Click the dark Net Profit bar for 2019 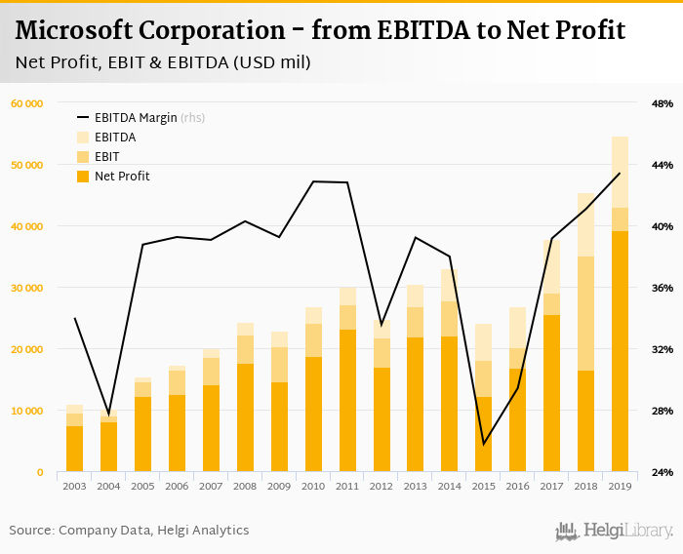(620, 351)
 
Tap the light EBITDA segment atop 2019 (620, 172)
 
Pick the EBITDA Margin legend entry (136, 118)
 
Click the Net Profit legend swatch (82, 177)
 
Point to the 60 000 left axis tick (26, 103)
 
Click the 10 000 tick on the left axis (26, 411)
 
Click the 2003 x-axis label (74, 485)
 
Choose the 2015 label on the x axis (483, 485)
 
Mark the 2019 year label (620, 485)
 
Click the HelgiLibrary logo (615, 531)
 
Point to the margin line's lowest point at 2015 (483, 444)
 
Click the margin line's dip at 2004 (108, 415)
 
